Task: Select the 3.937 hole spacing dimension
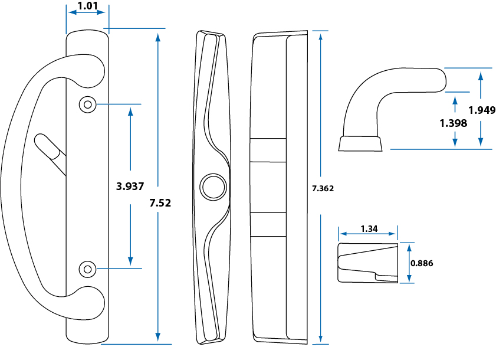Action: [x=130, y=186]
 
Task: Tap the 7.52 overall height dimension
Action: [x=160, y=202]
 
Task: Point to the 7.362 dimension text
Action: [x=323, y=189]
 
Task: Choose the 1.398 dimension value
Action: [x=454, y=123]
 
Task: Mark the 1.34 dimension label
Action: [x=369, y=229]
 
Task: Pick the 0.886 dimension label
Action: [x=422, y=263]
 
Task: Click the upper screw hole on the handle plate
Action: [x=87, y=104]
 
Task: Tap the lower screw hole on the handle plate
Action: [x=87, y=269]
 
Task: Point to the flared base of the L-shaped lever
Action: [x=360, y=143]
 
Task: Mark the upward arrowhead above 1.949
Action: [x=481, y=75]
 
